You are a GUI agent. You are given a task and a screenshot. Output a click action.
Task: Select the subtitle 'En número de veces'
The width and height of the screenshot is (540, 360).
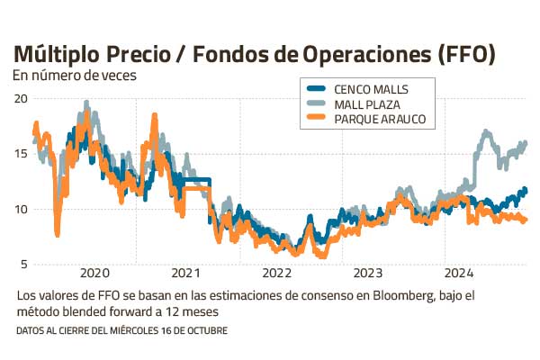tap(75, 76)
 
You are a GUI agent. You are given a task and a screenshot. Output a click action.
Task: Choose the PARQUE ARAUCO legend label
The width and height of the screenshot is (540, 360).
tap(379, 118)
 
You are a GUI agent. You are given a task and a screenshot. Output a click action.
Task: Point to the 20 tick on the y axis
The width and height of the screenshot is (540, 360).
tap(22, 98)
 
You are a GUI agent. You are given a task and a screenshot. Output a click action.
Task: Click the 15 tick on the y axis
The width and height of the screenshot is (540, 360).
tap(22, 154)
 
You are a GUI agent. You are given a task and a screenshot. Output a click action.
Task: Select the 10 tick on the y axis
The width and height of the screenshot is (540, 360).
tap(22, 209)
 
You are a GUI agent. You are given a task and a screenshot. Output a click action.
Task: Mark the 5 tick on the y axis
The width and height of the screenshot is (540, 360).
tap(24, 264)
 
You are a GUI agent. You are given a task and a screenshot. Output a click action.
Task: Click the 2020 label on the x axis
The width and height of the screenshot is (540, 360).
tap(94, 273)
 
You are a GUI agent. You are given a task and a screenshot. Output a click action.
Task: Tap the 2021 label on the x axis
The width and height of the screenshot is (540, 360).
tap(184, 273)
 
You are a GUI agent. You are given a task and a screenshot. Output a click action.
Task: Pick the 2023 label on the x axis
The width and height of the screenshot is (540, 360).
tap(367, 273)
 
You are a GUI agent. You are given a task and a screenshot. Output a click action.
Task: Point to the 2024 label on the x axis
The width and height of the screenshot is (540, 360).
tap(458, 273)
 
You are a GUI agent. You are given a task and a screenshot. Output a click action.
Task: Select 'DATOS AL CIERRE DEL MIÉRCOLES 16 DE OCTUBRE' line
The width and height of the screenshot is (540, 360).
tap(121, 331)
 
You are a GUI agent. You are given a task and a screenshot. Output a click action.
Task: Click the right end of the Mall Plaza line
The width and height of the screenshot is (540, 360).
tap(525, 143)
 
